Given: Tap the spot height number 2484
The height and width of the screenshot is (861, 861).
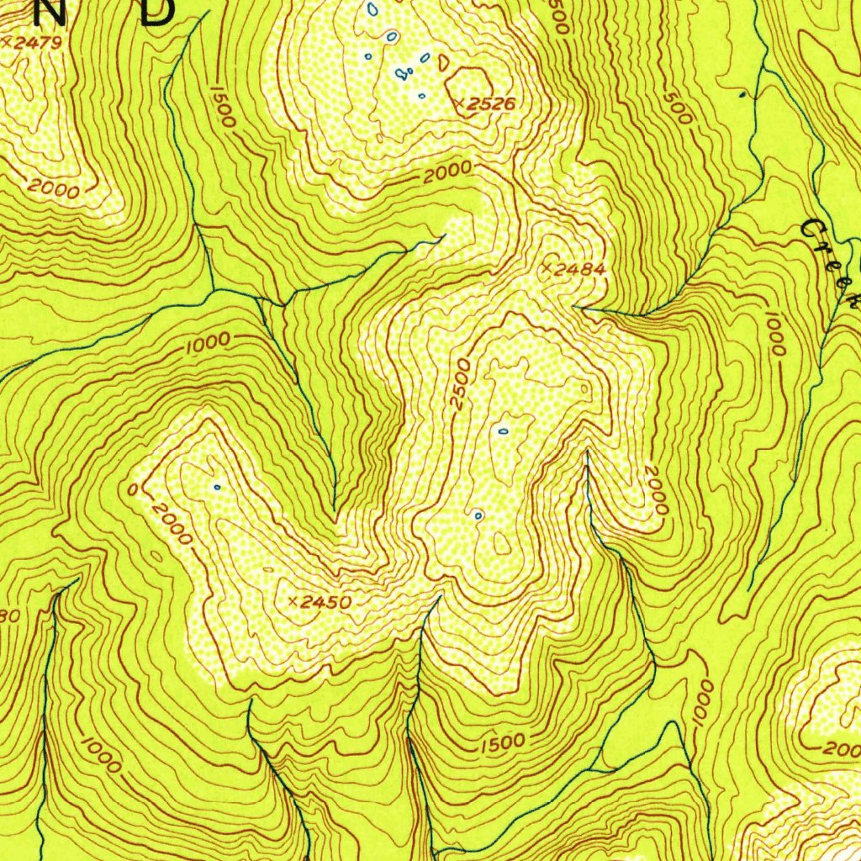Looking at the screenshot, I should pyautogui.click(x=579, y=269).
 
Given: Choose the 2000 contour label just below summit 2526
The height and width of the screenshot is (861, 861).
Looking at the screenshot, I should pyautogui.click(x=447, y=174).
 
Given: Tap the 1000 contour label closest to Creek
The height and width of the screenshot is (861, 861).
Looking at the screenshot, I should pyautogui.click(x=774, y=333).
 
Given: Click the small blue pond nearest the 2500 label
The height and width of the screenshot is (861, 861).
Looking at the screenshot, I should pyautogui.click(x=503, y=431).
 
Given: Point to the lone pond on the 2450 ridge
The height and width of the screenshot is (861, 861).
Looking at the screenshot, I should pyautogui.click(x=217, y=486).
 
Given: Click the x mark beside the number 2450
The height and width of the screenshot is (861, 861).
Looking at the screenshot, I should pyautogui.click(x=293, y=602).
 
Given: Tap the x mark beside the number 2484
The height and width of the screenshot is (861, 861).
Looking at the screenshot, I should pyautogui.click(x=546, y=269).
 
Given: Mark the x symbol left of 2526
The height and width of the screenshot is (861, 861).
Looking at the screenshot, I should pyautogui.click(x=458, y=104).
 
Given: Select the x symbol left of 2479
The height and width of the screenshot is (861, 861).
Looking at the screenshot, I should pyautogui.click(x=7, y=40).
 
